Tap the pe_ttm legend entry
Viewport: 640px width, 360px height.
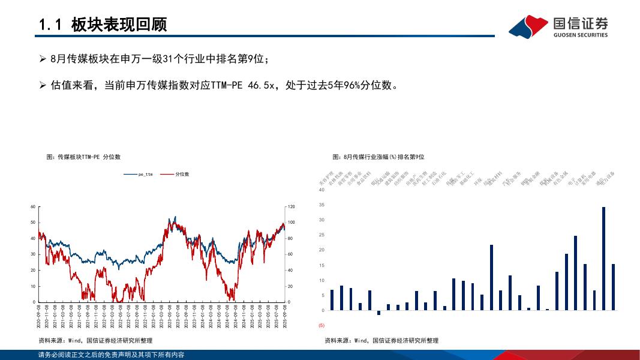click(x=139, y=174)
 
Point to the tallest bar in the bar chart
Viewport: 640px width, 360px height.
click(x=603, y=258)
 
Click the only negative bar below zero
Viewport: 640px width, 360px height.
click(x=378, y=313)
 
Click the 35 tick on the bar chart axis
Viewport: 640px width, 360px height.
click(x=321, y=205)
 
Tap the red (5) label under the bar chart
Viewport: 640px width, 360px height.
click(x=321, y=325)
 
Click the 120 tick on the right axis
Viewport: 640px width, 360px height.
click(x=292, y=206)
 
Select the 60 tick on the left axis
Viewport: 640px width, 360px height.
click(x=33, y=206)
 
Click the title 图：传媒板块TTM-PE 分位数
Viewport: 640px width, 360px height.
click(x=83, y=157)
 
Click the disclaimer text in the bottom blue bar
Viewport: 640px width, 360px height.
click(x=111, y=355)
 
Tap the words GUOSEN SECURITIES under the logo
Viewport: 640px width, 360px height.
click(x=581, y=35)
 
